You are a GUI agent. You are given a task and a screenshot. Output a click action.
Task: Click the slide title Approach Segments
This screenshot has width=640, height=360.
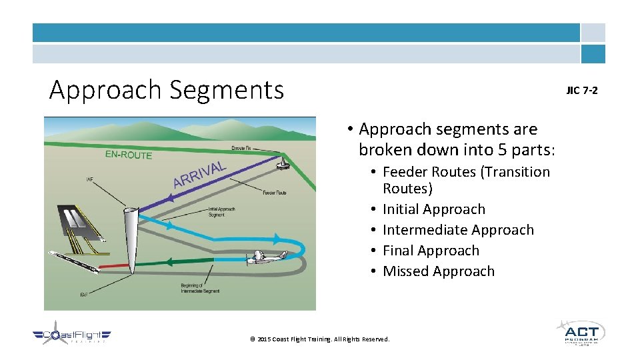click(167, 89)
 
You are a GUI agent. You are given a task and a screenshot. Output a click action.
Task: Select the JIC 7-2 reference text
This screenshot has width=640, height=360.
click(582, 90)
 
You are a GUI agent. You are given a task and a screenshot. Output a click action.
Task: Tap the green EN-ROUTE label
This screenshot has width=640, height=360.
click(129, 155)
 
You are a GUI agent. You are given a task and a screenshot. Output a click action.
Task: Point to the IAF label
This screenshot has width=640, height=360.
click(90, 179)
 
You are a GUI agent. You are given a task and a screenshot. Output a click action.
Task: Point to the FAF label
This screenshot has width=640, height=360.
click(84, 294)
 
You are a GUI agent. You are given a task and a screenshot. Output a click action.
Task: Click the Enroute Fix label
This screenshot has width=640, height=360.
click(241, 147)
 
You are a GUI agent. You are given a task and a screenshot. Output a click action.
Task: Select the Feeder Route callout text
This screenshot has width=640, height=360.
click(274, 193)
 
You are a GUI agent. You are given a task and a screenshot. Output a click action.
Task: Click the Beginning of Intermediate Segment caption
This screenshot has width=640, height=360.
click(199, 288)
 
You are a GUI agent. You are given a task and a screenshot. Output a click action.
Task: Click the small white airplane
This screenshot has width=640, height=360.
click(266, 258)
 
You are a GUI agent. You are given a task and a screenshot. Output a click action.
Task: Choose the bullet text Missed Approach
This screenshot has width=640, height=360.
click(438, 271)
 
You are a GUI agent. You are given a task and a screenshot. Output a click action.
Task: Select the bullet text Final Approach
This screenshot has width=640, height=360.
click(431, 251)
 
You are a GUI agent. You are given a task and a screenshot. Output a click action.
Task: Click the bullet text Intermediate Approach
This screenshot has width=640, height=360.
click(458, 230)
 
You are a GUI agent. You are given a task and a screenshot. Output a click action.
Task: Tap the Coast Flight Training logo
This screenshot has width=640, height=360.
click(72, 335)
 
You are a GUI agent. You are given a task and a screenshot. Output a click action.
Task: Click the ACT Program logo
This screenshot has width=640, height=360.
click(580, 332)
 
